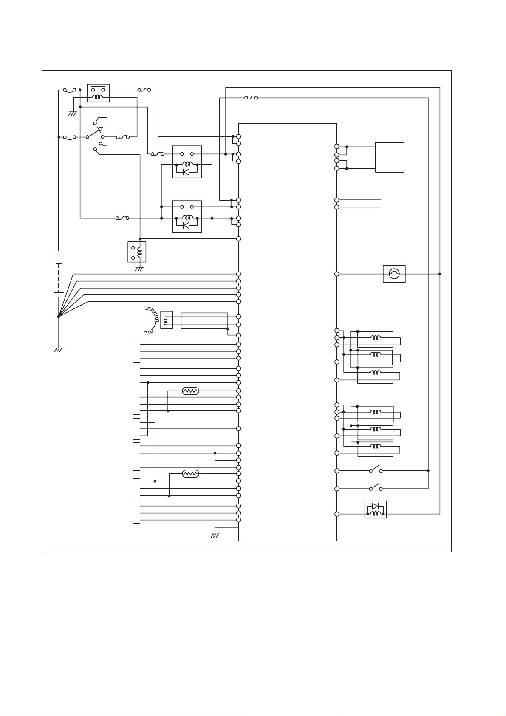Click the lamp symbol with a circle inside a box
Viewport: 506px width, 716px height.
(394, 274)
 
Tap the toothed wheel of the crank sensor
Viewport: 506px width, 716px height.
(149, 319)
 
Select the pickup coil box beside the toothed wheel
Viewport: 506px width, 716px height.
(167, 320)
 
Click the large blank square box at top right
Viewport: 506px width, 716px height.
(390, 157)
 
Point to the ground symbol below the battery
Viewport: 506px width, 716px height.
(59, 350)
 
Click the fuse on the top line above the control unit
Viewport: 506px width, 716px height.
(252, 98)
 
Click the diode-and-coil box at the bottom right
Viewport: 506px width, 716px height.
(376, 509)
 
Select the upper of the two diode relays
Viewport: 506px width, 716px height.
(187, 162)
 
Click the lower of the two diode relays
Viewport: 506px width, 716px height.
(187, 216)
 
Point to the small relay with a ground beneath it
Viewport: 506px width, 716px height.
(137, 252)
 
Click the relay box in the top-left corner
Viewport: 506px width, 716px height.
(98, 93)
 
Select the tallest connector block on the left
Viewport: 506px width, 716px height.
(136, 389)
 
